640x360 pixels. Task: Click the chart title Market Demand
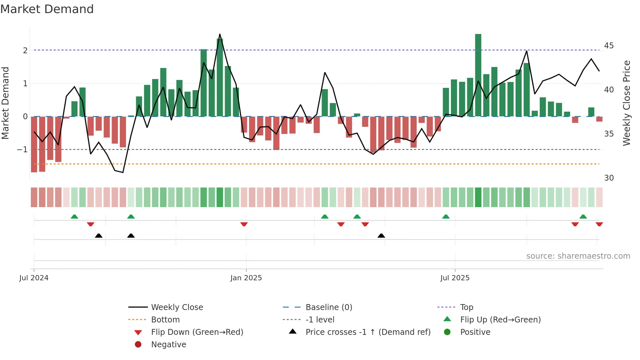pos(47,9)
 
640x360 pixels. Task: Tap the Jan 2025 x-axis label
pos(246,278)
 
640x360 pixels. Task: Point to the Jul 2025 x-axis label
pos(455,278)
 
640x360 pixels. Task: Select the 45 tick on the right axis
pos(609,46)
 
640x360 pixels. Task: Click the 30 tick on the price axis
pos(609,178)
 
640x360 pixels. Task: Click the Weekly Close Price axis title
pos(626,103)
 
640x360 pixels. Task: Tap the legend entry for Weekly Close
pos(177,307)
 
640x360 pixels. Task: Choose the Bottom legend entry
pos(165,320)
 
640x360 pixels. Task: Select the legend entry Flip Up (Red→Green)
pos(500,320)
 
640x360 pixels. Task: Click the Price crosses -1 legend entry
pos(368,332)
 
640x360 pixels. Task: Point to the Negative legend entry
pos(168,345)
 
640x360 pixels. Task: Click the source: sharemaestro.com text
pos(578,256)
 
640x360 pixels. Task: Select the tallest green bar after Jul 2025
pos(478,75)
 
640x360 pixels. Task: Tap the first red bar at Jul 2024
pos(34,144)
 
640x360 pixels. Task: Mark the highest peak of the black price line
pos(220,34)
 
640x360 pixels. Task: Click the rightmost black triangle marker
pos(381,236)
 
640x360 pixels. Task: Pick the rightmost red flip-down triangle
pos(599,224)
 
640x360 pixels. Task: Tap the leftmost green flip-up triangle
pos(74,217)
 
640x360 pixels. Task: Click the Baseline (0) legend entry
pos(328,307)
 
